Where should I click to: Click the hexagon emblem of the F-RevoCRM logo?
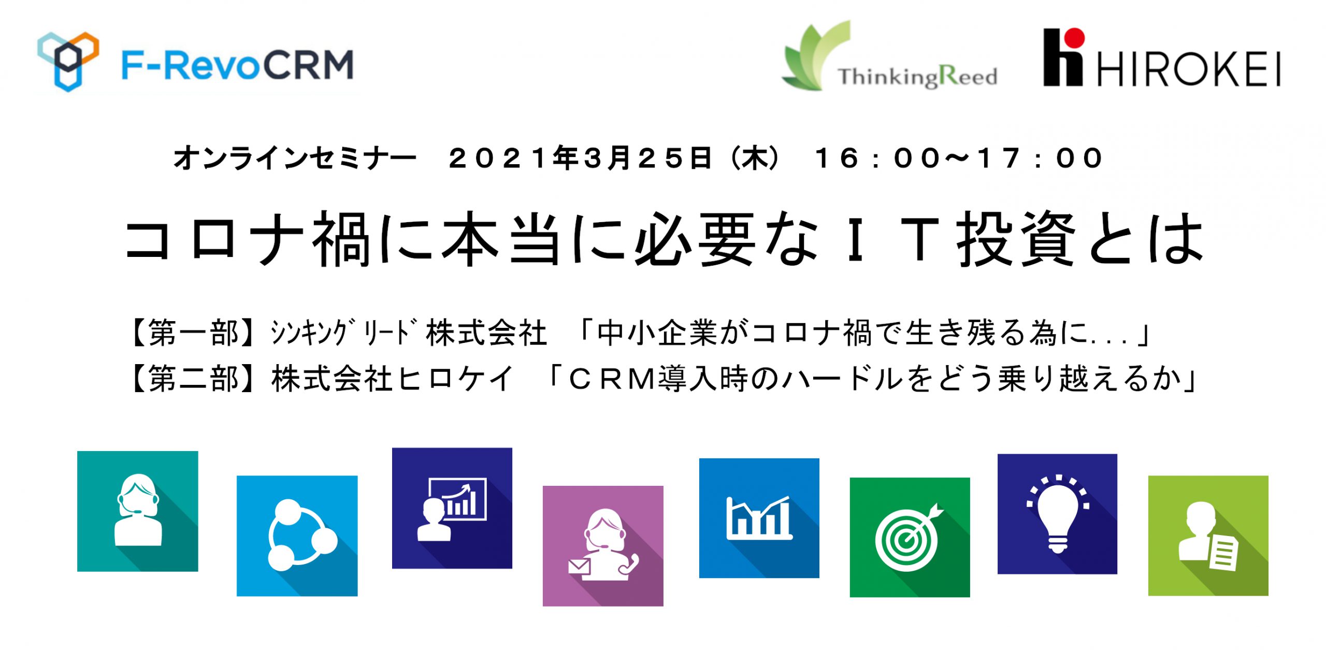[68, 61]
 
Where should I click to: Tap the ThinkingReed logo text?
[917, 77]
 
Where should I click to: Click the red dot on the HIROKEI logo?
[1075, 38]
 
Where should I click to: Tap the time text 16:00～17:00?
[959, 158]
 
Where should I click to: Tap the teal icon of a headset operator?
[138, 511]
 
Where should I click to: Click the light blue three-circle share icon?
[297, 536]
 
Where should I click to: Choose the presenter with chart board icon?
[452, 508]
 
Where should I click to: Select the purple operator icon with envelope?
[603, 546]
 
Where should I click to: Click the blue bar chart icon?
[759, 518]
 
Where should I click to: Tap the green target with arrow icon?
[910, 538]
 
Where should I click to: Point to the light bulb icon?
[1058, 514]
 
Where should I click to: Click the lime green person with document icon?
[1208, 536]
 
